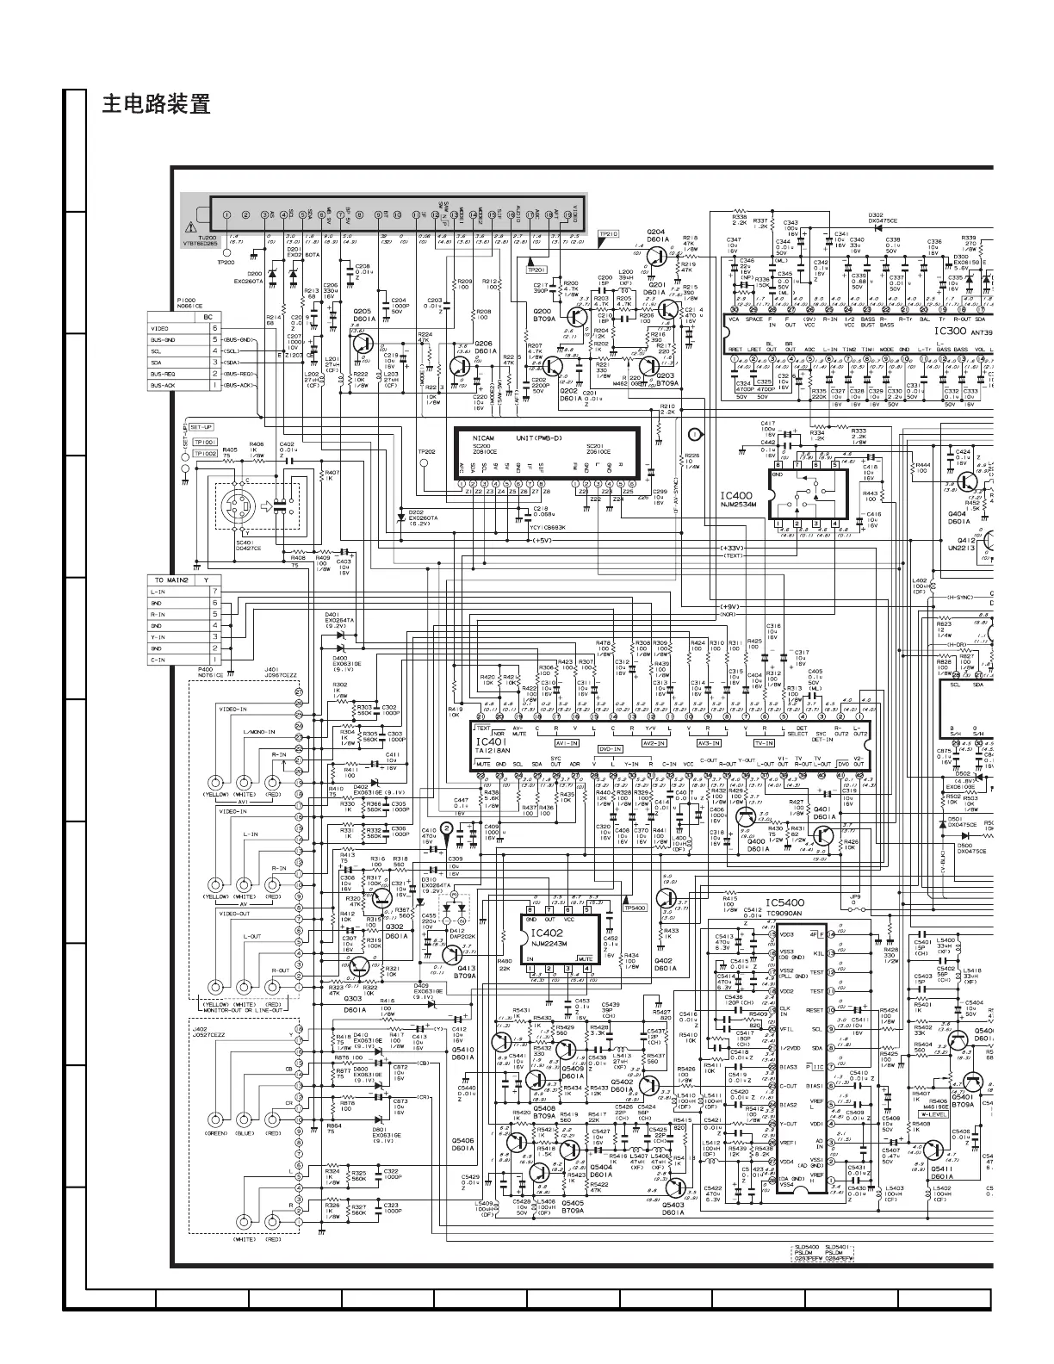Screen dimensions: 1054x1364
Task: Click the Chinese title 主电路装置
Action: pos(156,105)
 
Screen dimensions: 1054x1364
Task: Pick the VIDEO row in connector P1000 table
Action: pos(160,329)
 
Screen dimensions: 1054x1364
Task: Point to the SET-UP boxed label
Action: pos(201,427)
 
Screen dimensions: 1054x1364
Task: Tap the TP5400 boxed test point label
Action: pos(635,908)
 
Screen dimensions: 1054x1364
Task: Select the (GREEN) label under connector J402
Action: pos(215,1134)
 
